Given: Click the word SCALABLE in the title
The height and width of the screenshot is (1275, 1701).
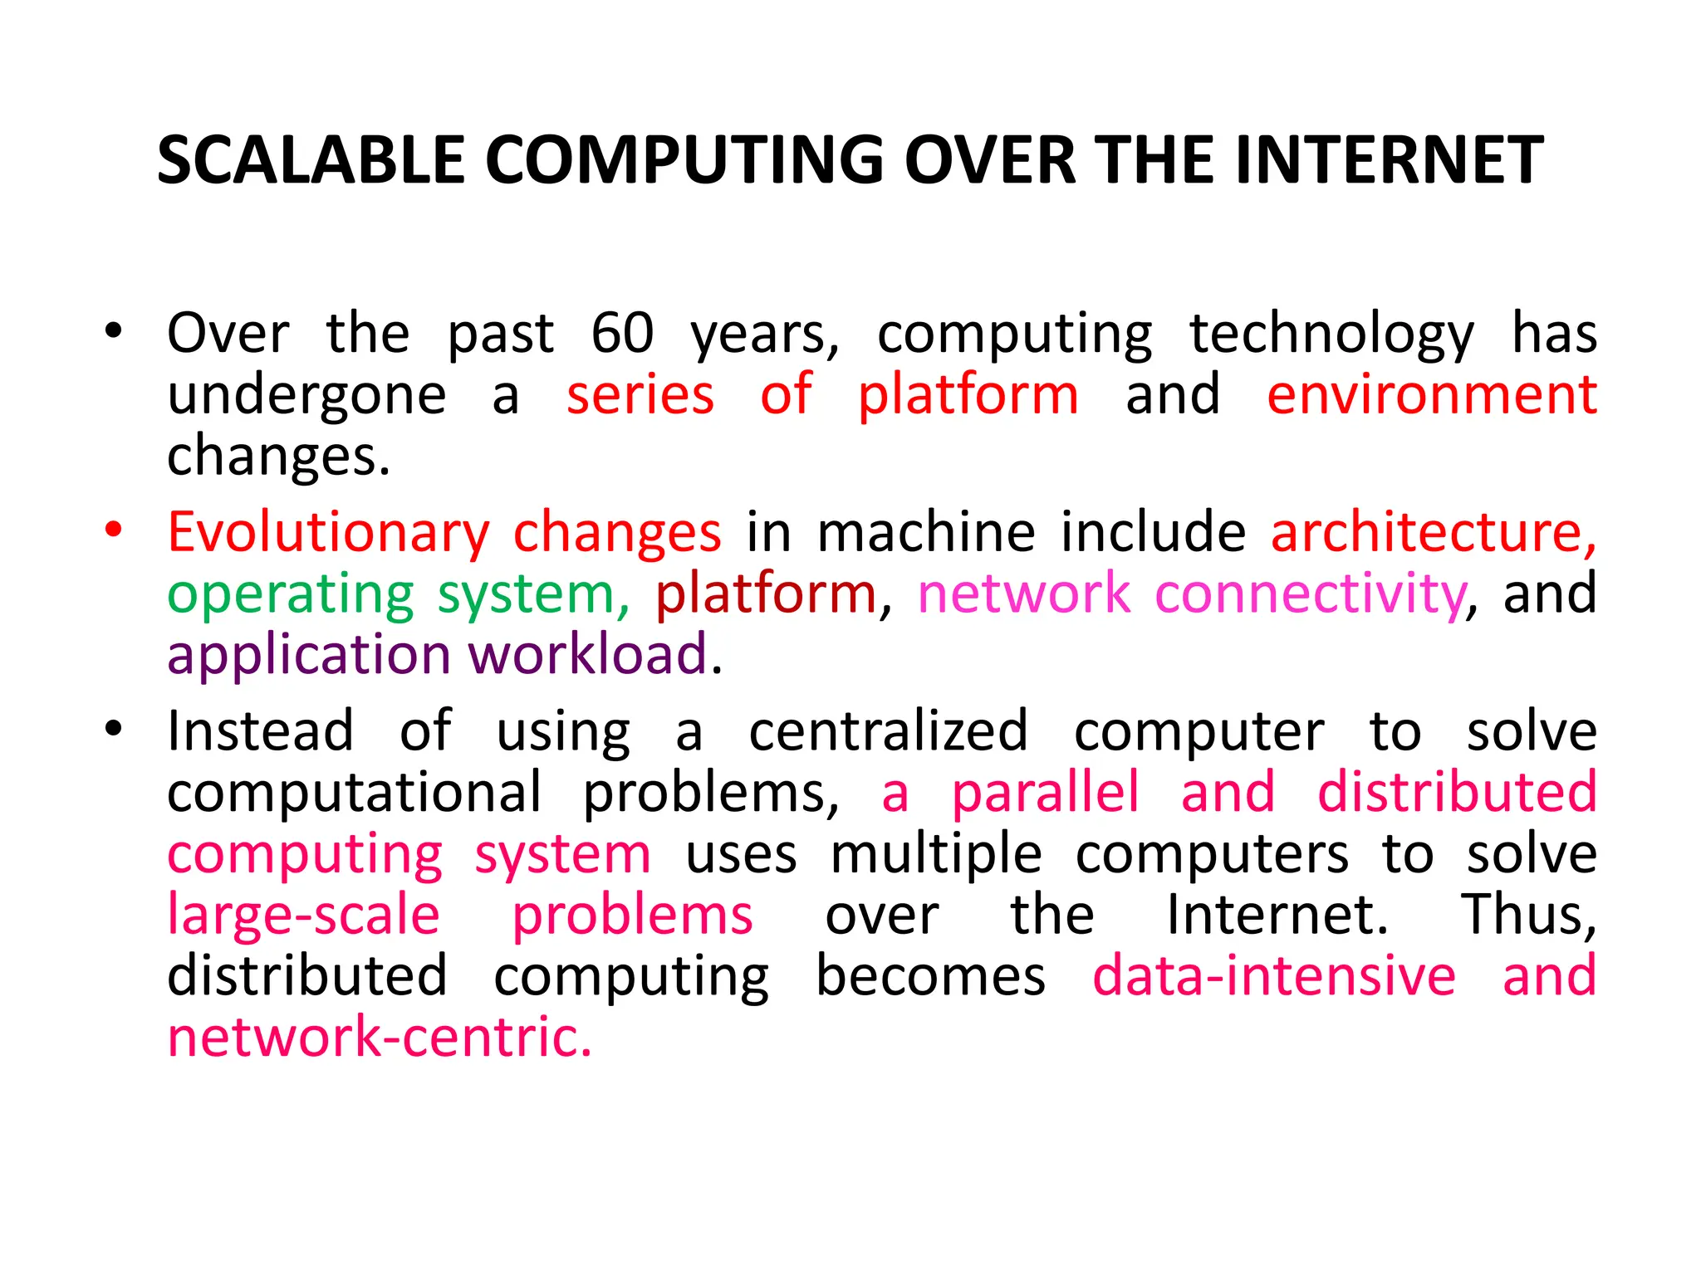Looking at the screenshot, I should point(311,160).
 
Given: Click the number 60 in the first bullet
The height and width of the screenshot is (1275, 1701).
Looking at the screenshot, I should point(622,334).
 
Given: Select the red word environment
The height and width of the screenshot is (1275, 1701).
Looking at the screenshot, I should point(1431,395).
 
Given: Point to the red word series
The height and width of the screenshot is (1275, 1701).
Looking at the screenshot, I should point(640,395).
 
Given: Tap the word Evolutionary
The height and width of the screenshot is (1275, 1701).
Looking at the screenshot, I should point(329,533).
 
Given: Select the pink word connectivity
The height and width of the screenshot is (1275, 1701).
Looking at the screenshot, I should point(1311,594).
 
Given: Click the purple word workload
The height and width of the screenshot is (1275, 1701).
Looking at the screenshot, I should point(588,655).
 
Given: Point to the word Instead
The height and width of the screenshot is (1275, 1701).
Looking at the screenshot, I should point(260,731).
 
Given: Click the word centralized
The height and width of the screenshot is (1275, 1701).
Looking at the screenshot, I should point(888,731).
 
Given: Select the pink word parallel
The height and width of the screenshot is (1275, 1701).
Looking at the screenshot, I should point(1044,793).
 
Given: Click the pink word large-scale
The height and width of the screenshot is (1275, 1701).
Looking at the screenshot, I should point(303,916).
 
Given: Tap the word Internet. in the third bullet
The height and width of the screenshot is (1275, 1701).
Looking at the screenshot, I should point(1277,915).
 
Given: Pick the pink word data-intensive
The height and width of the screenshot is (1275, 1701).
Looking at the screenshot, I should point(1273,976).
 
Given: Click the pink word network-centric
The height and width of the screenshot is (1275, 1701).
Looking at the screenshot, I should point(380,1038).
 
